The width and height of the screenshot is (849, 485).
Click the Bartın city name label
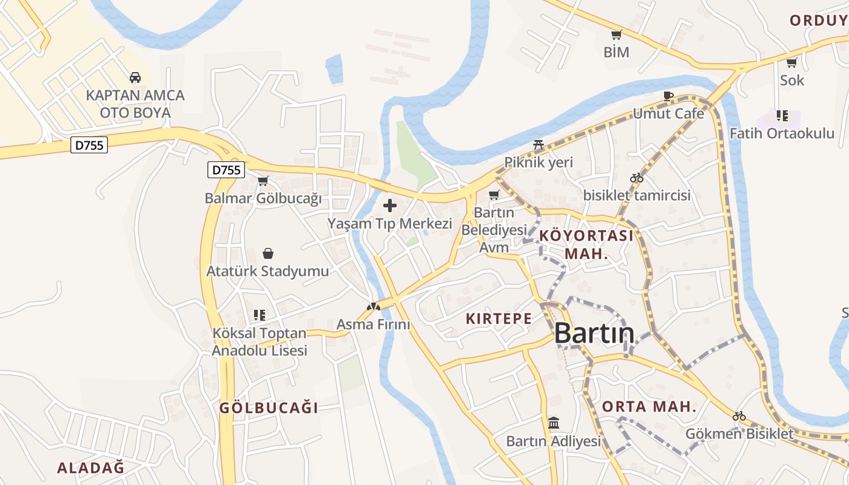(594, 333)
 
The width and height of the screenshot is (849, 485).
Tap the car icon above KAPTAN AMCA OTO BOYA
(135, 78)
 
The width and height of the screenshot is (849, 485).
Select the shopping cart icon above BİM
(617, 35)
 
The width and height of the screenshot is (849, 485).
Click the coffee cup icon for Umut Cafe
(668, 96)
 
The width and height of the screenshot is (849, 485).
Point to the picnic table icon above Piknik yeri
(539, 145)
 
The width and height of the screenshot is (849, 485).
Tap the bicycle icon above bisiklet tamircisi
(637, 178)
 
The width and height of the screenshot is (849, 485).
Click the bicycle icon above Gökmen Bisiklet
(739, 416)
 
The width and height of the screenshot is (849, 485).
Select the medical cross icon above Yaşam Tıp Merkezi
(390, 206)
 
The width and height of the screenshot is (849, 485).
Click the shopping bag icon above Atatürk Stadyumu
(267, 253)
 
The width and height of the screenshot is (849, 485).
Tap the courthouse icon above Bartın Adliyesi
(554, 423)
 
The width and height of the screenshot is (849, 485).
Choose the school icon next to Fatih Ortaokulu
(782, 115)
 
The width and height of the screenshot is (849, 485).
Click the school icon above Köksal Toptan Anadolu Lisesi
(260, 315)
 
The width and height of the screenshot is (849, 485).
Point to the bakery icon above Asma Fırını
(373, 307)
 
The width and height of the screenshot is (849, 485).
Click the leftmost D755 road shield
(89, 145)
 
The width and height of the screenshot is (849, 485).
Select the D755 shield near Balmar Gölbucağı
(226, 170)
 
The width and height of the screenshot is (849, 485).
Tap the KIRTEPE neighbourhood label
(498, 318)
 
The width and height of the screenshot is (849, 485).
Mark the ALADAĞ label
(90, 467)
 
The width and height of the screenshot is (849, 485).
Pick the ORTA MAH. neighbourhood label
(649, 407)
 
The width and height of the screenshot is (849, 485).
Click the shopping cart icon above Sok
(791, 62)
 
